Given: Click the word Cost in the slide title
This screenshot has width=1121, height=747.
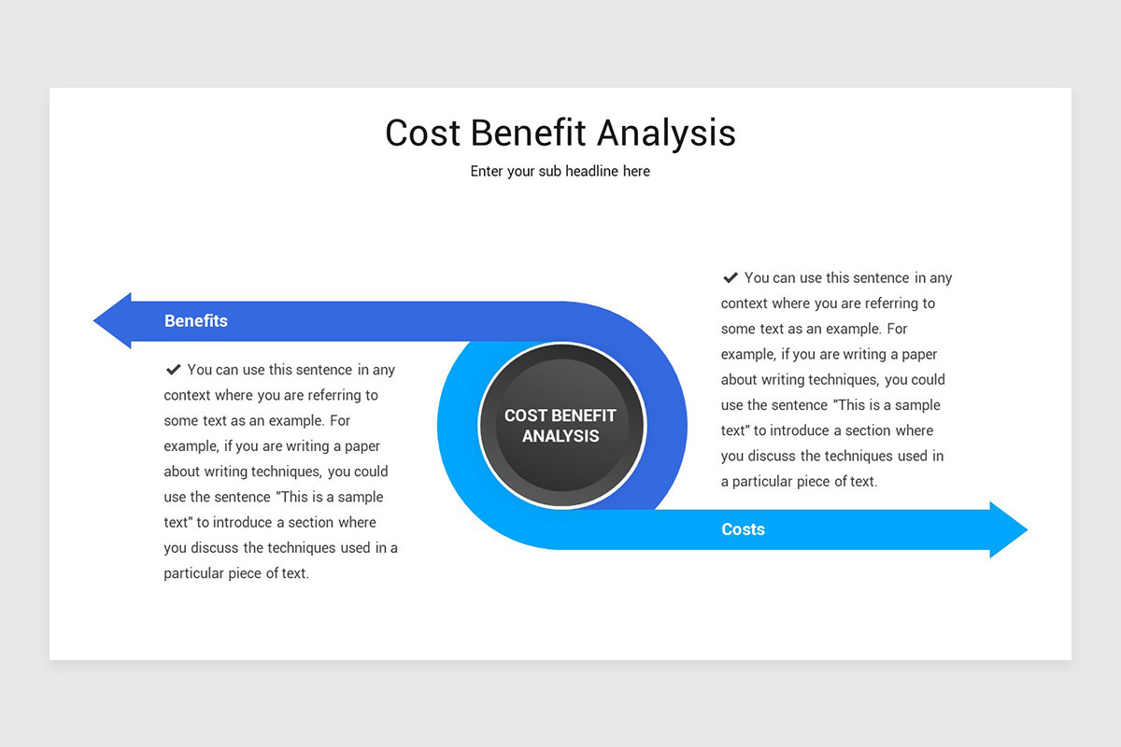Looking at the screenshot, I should click(422, 134).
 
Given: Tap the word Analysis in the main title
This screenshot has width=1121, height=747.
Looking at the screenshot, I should click(666, 134).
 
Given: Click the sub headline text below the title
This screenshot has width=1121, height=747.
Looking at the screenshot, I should click(560, 172).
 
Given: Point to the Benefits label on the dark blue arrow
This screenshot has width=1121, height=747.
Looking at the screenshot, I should click(196, 321).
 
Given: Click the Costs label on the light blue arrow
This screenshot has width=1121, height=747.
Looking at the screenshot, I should click(743, 529).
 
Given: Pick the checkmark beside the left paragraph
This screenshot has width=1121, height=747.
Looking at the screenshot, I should click(173, 370).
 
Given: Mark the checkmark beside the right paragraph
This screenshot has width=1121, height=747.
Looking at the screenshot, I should click(731, 277).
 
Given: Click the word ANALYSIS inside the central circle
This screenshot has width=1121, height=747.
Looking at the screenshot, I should click(560, 437).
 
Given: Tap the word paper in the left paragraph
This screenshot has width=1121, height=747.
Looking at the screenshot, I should click(362, 446).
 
